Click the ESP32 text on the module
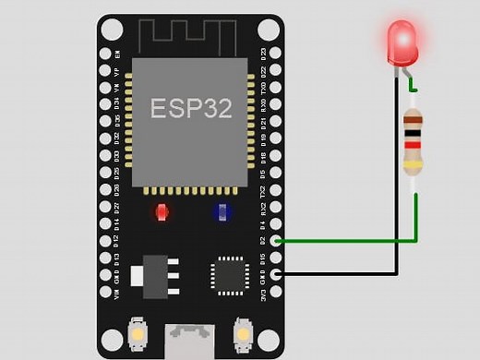coord(191,108)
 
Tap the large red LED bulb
coord(402,42)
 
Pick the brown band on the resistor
coord(413,118)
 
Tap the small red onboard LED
coord(162,212)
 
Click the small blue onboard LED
coord(221,212)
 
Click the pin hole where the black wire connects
coord(275,274)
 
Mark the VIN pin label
coord(116,294)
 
